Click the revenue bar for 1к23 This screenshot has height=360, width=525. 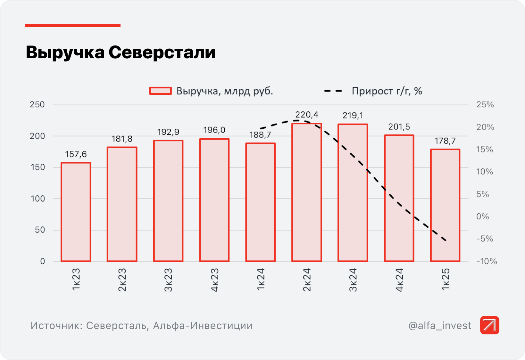pos(76,212)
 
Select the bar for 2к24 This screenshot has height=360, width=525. pos(307,192)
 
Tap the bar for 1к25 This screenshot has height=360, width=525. pos(445,205)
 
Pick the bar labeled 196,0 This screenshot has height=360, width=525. pos(214,200)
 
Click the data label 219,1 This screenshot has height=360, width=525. pos(353,115)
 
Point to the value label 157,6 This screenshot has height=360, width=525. pos(76,154)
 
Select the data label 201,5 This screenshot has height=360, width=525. pos(399,127)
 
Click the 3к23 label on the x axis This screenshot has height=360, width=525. pos(168,280)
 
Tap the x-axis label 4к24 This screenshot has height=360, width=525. pos(399,280)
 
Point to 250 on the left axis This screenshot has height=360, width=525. pos(37,105)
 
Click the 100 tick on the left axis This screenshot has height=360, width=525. pos(38,199)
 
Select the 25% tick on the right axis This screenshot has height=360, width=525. pos(485,105)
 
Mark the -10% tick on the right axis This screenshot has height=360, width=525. pos(487,261)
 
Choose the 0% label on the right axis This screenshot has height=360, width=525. pos(482,217)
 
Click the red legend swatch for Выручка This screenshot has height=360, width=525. pos(160,91)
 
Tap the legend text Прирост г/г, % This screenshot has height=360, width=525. pos(387,91)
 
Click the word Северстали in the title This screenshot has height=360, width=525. pos(162,52)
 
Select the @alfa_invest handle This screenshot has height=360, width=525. pos(440,325)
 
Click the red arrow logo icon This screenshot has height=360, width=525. pos(489,325)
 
